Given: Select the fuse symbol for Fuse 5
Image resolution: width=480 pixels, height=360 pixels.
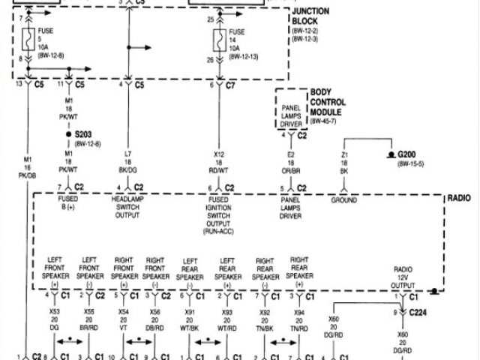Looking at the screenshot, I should pyautogui.click(x=28, y=41).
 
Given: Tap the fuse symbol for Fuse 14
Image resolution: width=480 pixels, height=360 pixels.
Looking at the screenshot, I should pyautogui.click(x=219, y=40).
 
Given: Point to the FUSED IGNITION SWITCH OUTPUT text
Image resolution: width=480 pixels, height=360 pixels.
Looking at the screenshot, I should pyautogui.click(x=219, y=211).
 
